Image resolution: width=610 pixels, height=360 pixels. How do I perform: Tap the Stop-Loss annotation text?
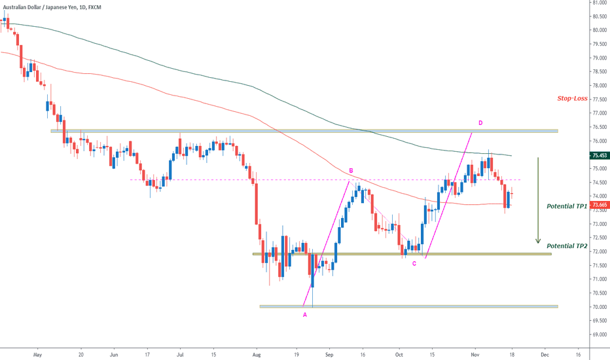point(572,99)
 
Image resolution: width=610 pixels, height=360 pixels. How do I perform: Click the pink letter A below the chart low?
point(304,315)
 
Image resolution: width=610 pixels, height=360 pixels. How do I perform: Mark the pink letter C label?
point(414,263)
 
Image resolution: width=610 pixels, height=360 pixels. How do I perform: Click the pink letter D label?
point(480,122)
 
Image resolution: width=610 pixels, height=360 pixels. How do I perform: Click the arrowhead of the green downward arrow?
point(538,242)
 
